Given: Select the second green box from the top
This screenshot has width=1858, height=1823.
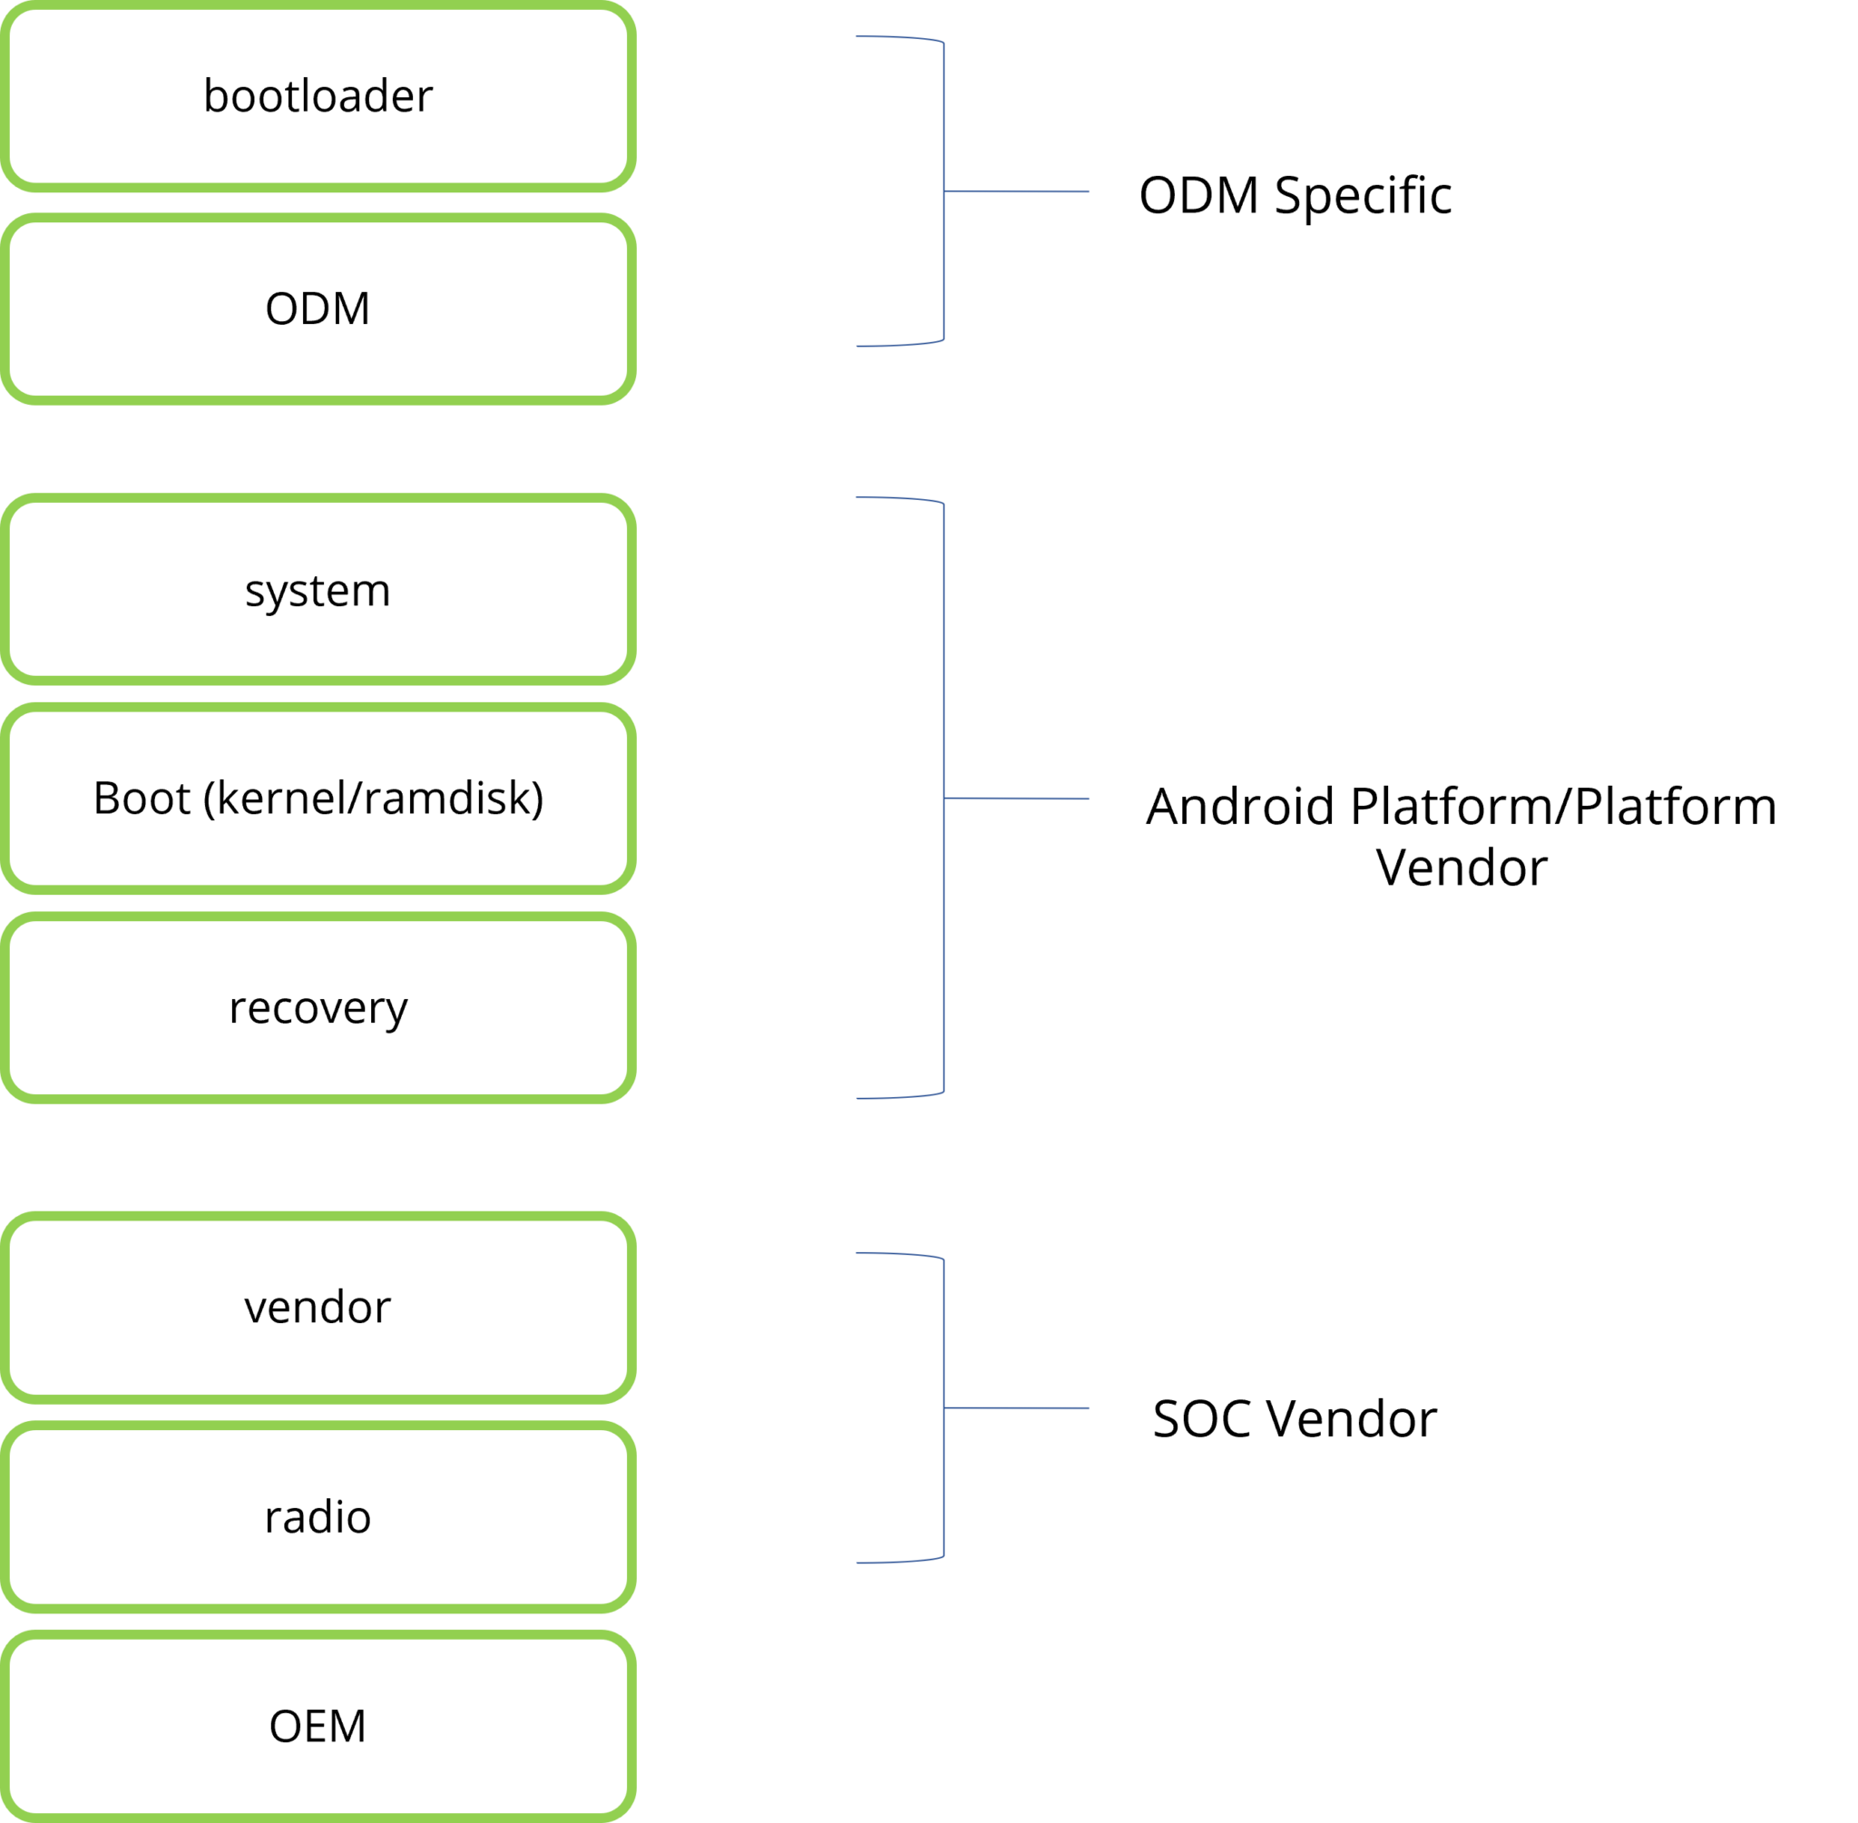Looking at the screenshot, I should [x=320, y=288].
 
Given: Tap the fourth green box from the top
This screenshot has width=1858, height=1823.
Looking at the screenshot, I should [x=320, y=795].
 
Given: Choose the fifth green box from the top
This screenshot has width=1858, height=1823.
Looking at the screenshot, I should [x=320, y=1005].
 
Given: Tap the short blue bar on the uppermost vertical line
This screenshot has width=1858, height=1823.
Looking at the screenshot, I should [x=1042, y=201].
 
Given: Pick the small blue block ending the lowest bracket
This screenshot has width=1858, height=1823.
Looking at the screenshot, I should [x=900, y=1573].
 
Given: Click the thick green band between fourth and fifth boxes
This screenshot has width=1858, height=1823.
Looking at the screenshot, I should [x=320, y=900].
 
